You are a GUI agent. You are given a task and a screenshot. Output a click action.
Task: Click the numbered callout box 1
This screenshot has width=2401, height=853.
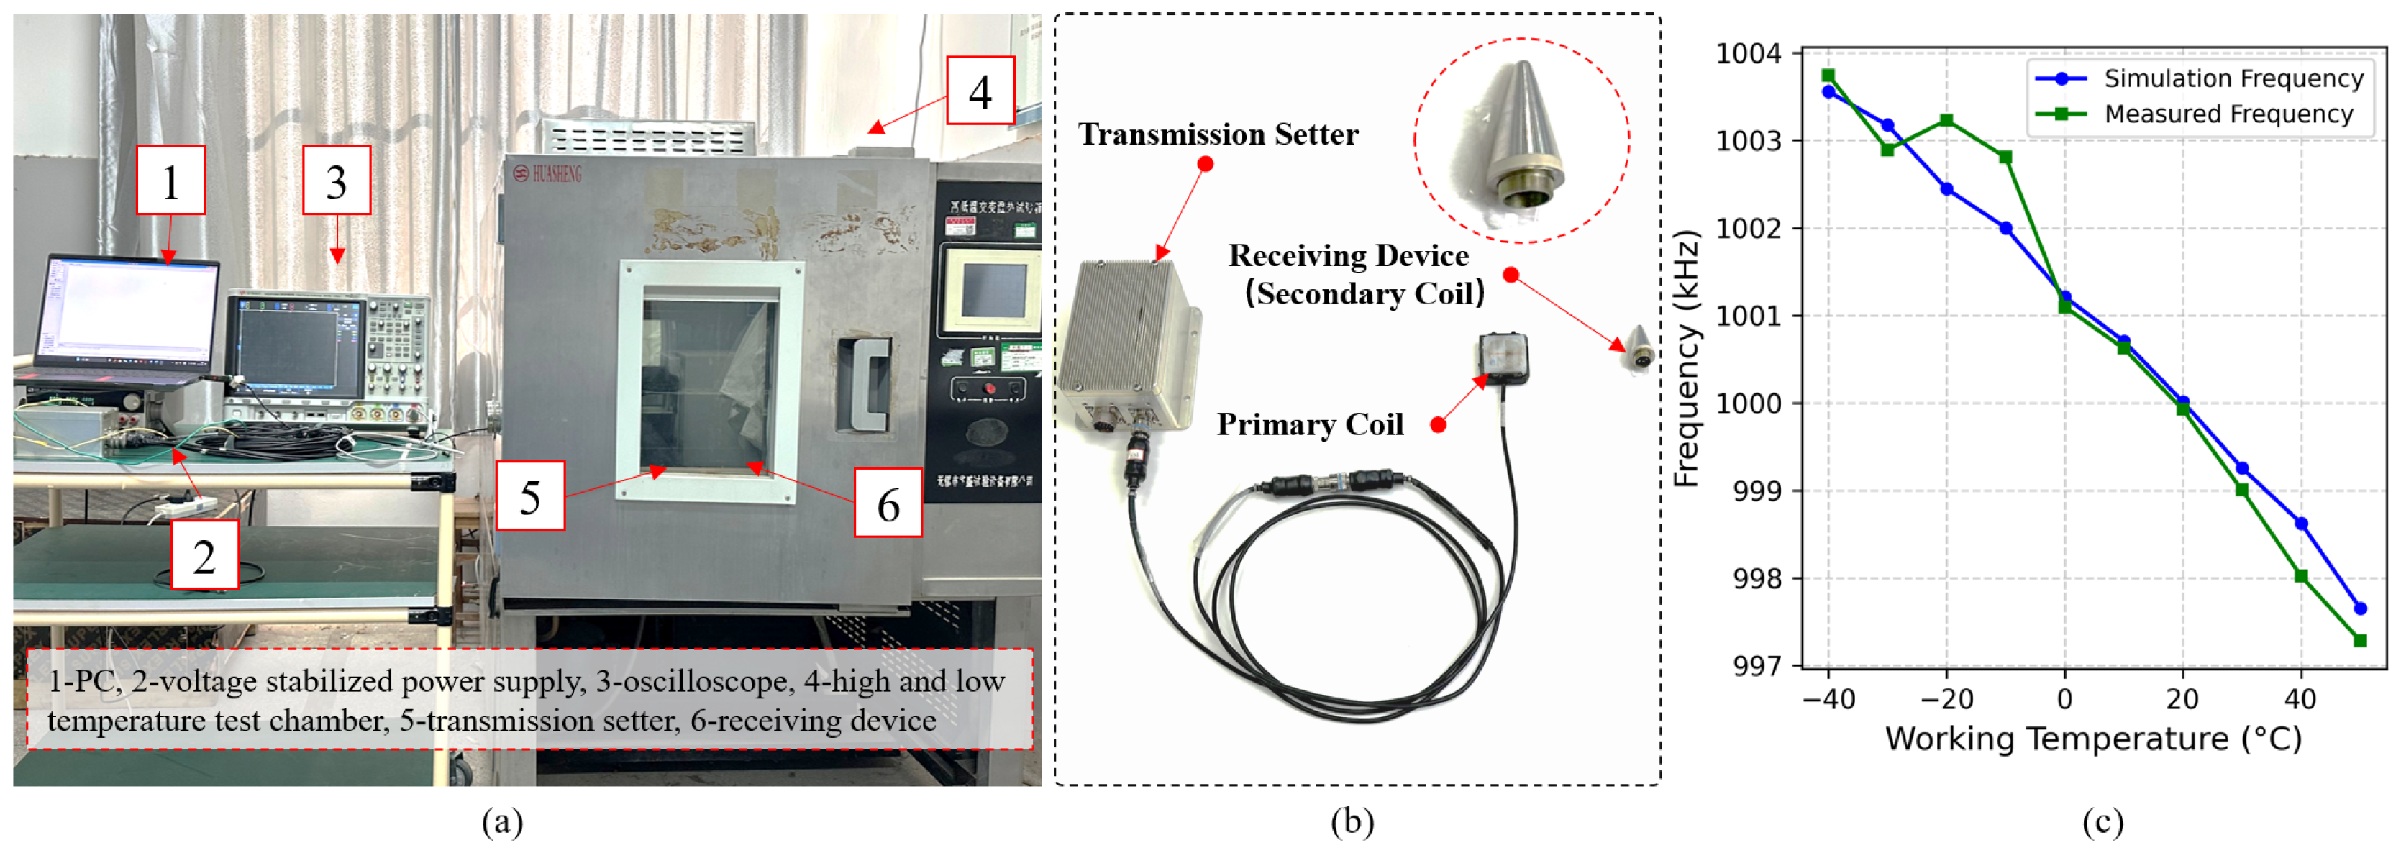(x=170, y=180)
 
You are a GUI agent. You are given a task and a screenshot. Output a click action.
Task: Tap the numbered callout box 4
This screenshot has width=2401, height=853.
(x=980, y=91)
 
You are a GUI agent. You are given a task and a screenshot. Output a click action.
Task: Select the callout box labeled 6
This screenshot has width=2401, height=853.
(x=888, y=503)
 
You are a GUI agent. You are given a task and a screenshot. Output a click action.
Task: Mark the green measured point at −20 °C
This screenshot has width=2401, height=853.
(x=1946, y=120)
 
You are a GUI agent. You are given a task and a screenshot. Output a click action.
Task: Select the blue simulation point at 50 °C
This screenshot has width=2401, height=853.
(x=2360, y=608)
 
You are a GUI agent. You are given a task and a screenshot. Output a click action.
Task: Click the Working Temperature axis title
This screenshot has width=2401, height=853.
(x=2092, y=739)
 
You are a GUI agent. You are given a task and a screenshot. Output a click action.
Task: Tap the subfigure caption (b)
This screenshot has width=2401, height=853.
(x=1352, y=822)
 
